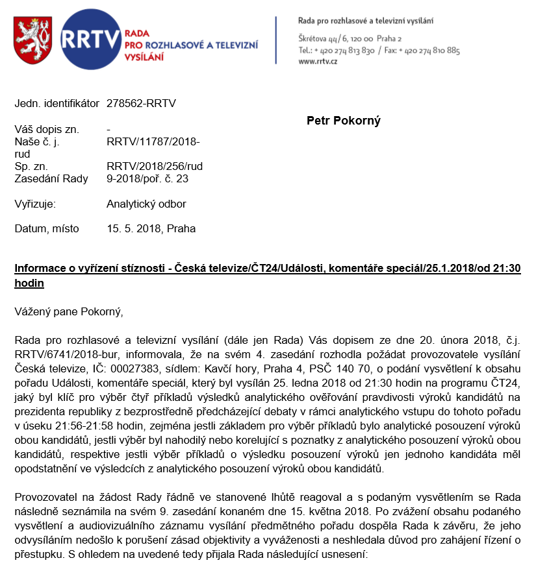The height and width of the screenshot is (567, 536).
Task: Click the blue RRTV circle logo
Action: point(90,40)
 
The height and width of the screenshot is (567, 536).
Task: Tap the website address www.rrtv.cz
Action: point(318,61)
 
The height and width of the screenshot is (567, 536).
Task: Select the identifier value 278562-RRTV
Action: point(141,103)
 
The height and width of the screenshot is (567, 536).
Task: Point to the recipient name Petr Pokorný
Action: point(343,121)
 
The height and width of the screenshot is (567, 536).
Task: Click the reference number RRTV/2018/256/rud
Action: point(155,167)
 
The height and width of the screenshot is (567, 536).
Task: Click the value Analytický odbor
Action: point(146,204)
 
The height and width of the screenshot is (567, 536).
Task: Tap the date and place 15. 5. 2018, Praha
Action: point(151,228)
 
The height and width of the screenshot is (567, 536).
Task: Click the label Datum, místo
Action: point(47,228)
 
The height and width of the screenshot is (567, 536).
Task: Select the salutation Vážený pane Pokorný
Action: point(68,311)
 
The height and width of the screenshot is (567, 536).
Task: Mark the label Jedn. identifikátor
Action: point(57,103)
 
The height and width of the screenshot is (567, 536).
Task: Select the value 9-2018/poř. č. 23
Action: point(147,178)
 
